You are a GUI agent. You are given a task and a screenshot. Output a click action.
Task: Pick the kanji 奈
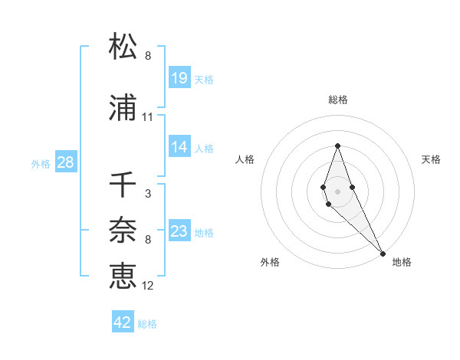123,230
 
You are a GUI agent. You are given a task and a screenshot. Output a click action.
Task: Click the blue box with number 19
179,78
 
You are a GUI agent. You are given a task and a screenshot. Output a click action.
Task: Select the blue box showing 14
179,148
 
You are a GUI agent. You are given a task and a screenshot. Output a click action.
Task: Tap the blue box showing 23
179,231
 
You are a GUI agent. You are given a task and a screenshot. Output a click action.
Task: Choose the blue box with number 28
65,162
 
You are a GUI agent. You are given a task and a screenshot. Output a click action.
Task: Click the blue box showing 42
123,322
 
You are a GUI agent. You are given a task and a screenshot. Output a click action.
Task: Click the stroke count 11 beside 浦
148,117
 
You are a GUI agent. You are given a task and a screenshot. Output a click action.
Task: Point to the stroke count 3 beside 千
148,194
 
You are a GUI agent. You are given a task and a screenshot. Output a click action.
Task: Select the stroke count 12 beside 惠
148,286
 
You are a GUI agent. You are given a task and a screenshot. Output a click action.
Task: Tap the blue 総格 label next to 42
147,324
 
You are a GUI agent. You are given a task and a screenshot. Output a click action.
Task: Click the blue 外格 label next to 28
41,163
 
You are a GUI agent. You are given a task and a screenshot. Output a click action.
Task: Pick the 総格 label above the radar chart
338,100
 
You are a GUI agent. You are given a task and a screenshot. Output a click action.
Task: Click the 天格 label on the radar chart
431,159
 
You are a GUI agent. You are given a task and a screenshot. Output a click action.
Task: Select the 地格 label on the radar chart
402,263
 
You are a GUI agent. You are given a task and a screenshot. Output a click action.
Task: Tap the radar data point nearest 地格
383,254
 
